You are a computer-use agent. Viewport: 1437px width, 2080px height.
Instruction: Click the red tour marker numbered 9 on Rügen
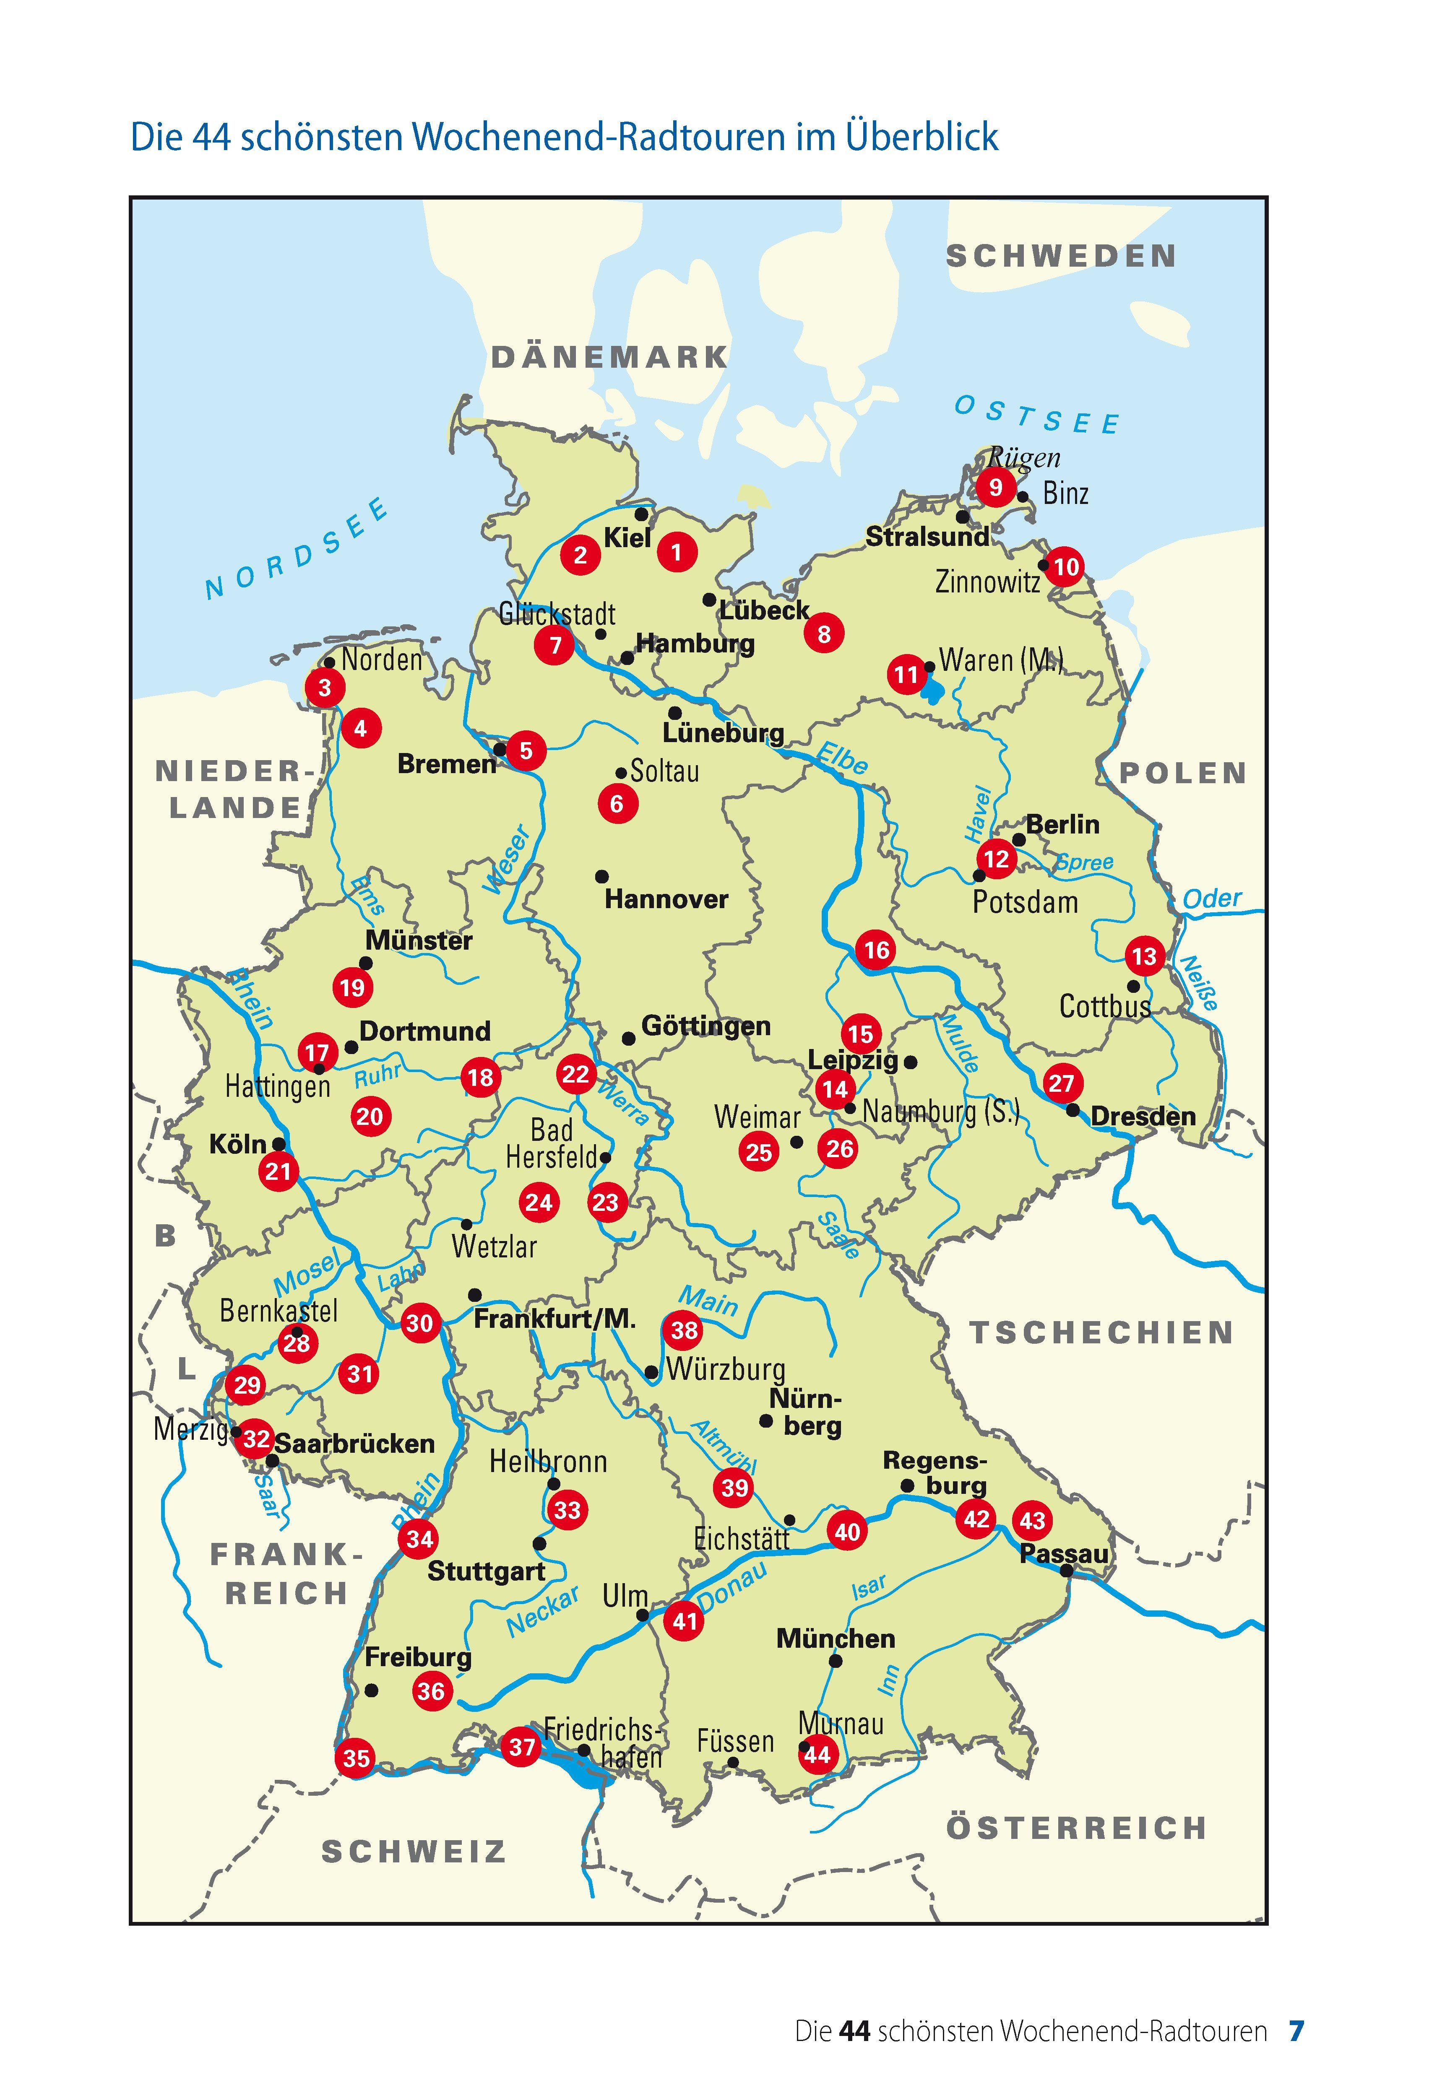point(995,487)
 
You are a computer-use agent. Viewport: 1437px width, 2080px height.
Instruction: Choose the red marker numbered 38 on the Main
point(684,1330)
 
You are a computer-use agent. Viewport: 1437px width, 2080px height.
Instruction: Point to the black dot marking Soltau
point(620,772)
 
